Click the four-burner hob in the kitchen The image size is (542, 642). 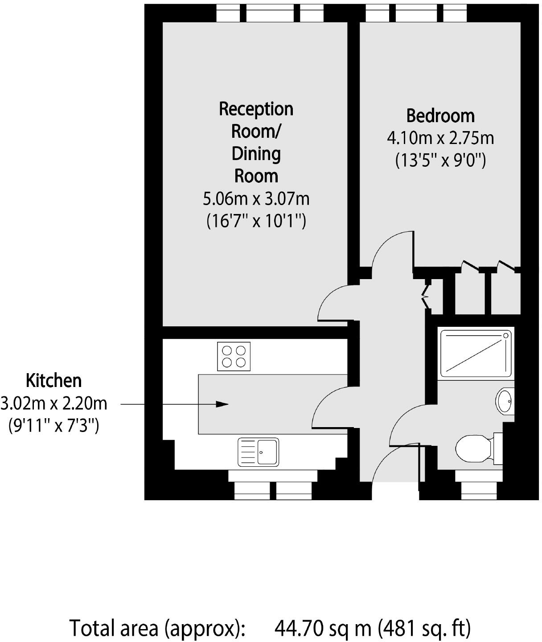click(x=234, y=356)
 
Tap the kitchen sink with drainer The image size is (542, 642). click(x=258, y=452)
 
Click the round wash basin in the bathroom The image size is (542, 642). click(x=505, y=401)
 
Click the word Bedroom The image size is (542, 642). click(x=440, y=116)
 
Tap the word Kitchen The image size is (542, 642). click(x=53, y=381)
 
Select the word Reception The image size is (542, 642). click(x=256, y=109)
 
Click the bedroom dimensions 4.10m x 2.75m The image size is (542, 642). click(x=440, y=138)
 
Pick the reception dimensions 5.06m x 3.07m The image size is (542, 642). click(x=256, y=199)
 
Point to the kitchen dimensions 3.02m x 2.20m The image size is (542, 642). click(x=53, y=403)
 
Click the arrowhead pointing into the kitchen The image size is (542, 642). click(x=222, y=404)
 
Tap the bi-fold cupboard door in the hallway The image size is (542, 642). click(x=426, y=294)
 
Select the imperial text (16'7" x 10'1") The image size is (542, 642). click(x=256, y=221)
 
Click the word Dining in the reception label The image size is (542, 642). click(x=256, y=154)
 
